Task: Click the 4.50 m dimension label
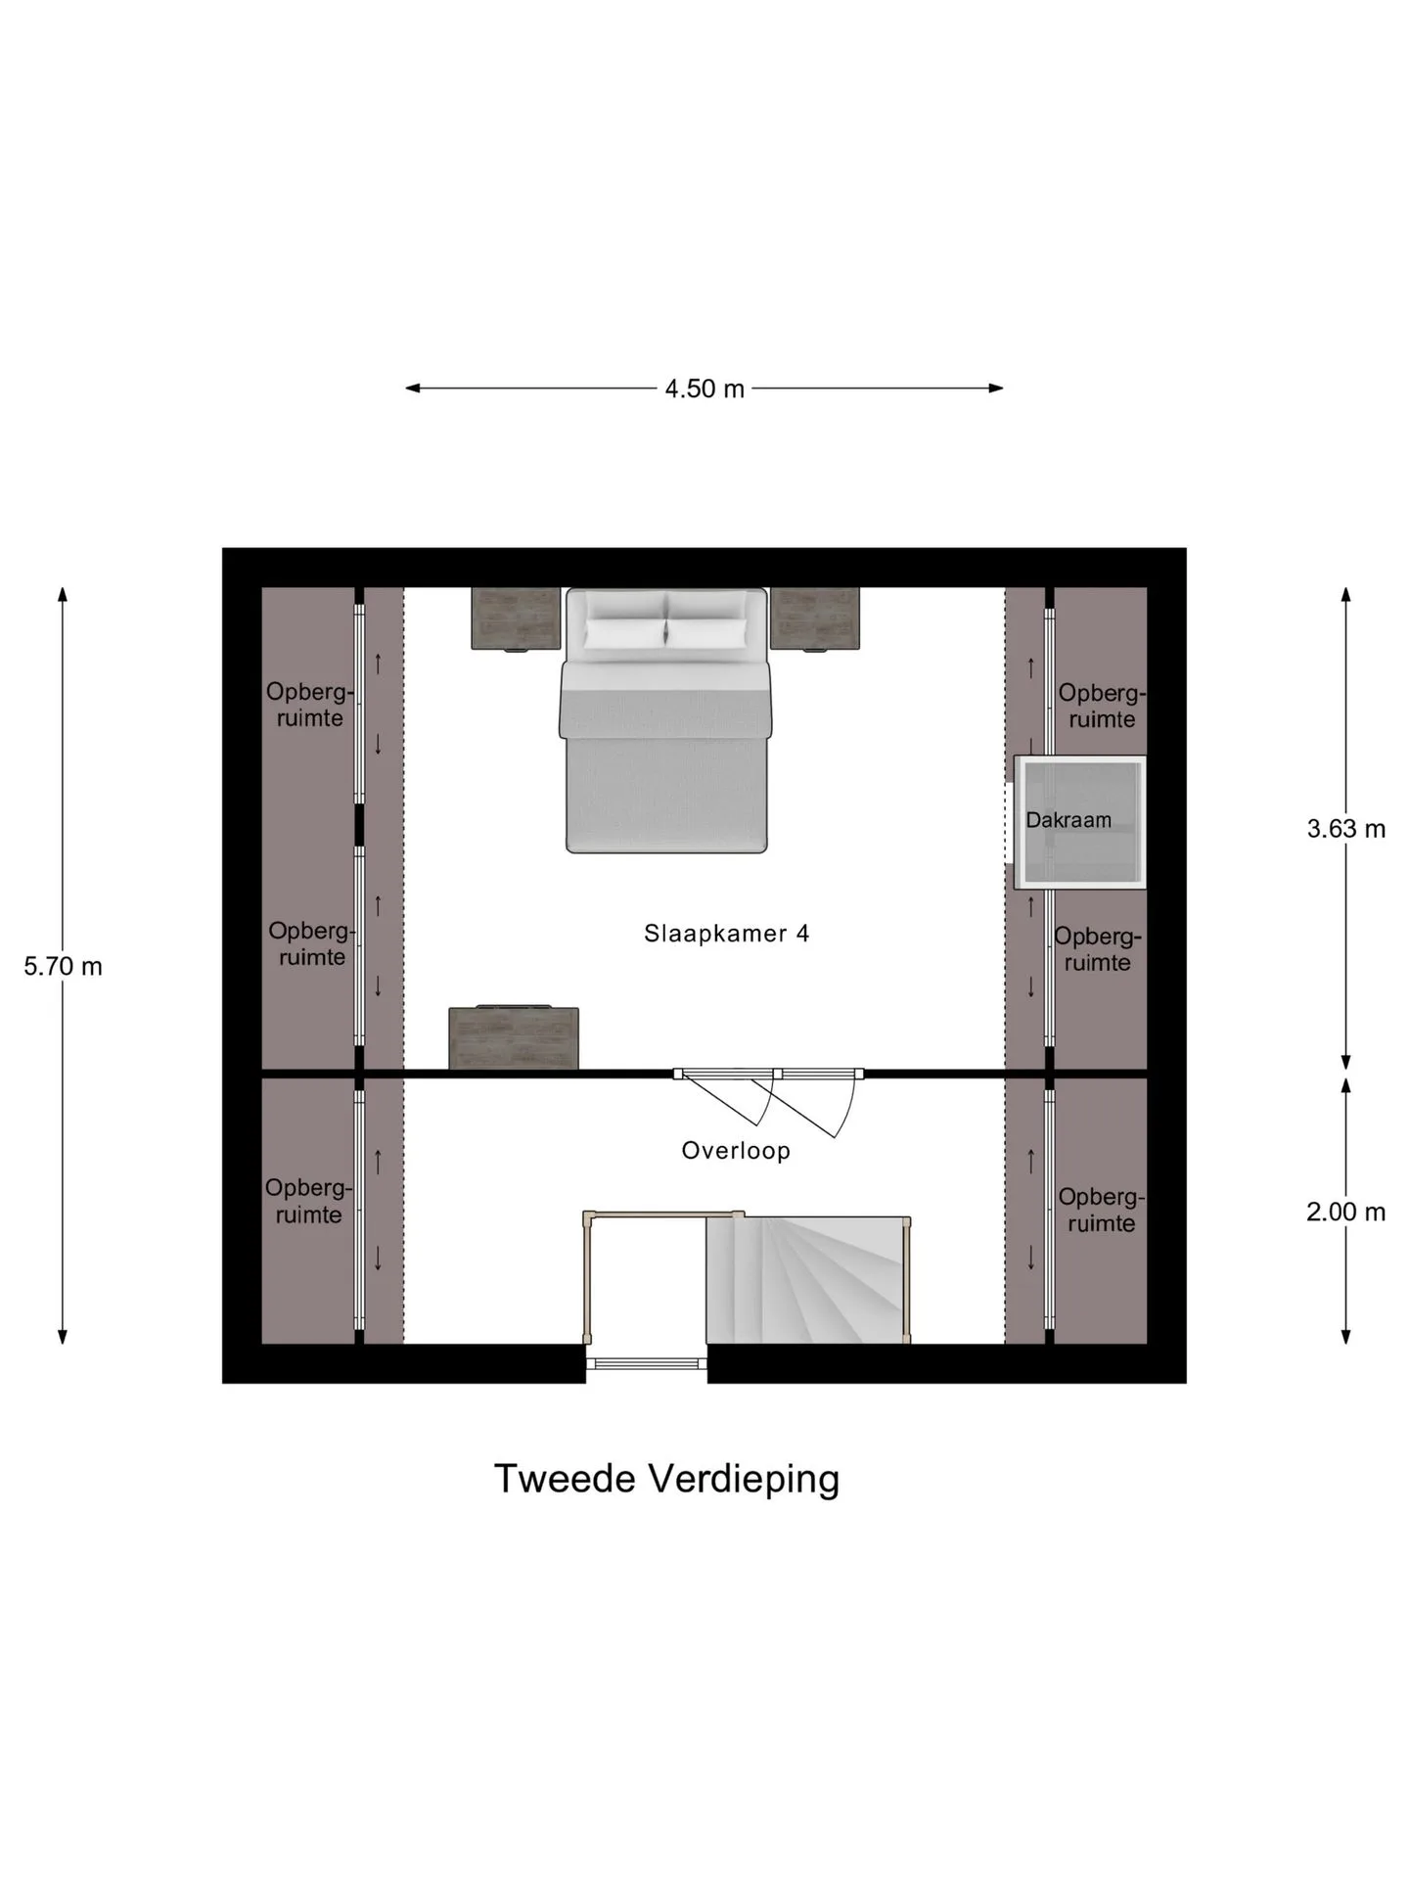tap(704, 389)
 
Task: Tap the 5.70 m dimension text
tap(63, 966)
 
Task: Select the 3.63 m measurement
tap(1346, 829)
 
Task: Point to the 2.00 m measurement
tap(1346, 1212)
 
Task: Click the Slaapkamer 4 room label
tap(726, 934)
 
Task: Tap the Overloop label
tap(736, 1151)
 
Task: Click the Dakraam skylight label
tap(1068, 820)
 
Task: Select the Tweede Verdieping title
tap(666, 1480)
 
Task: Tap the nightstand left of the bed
tap(516, 619)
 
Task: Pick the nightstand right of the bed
tap(815, 619)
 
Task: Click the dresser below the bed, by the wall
tap(514, 1037)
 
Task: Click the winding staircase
tap(808, 1280)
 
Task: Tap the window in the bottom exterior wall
tap(646, 1363)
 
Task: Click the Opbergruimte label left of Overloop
tap(308, 1201)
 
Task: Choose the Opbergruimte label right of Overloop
tap(1101, 1210)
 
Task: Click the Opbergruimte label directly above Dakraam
tap(1102, 706)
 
